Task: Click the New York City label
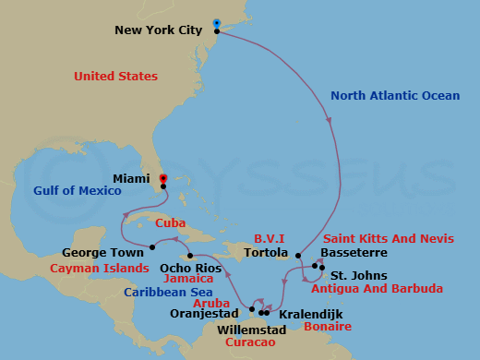158,30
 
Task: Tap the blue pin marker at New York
216,23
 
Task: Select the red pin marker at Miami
162,178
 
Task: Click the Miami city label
131,176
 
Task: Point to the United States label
115,76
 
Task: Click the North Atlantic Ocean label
391,95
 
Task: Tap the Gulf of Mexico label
78,190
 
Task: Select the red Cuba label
171,222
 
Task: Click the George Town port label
102,252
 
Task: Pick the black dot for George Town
151,246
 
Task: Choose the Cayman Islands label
100,268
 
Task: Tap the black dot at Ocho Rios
190,256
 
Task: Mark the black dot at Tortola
298,255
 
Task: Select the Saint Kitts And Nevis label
402,238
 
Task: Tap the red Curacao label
246,343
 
